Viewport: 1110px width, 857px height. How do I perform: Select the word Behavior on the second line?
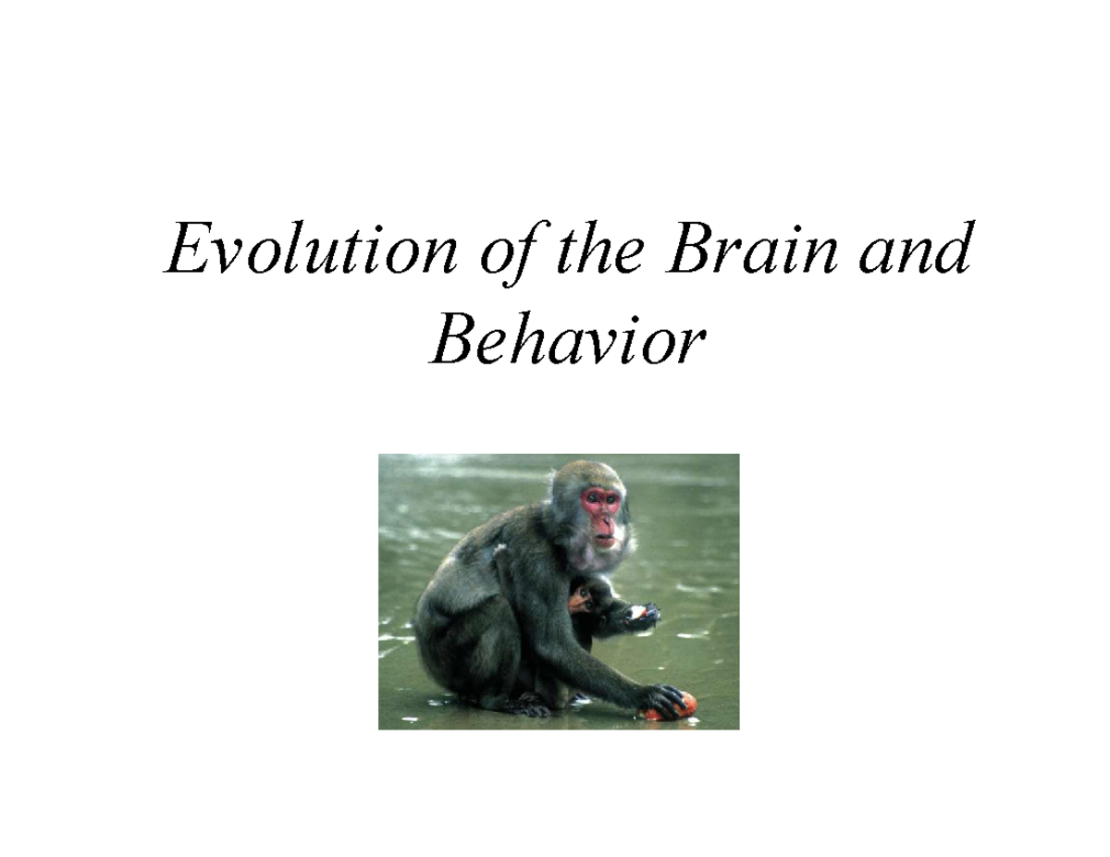[x=566, y=342]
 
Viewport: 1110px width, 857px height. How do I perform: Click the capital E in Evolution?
[x=186, y=250]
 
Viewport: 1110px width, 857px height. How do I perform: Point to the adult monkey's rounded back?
[x=453, y=582]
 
